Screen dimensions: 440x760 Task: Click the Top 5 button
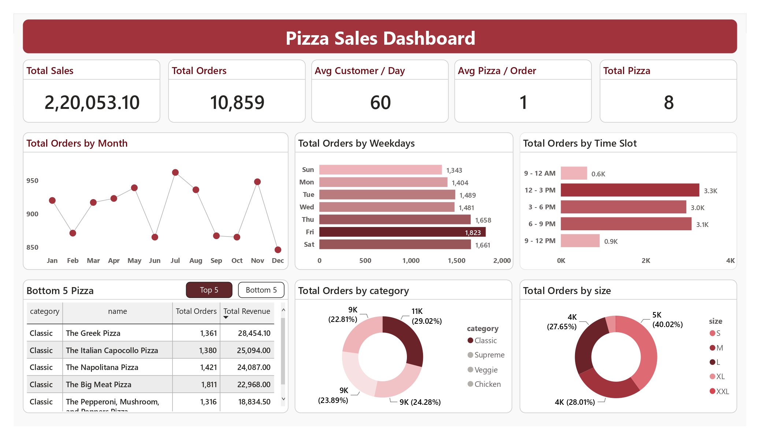pyautogui.click(x=209, y=290)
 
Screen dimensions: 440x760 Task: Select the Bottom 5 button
pyautogui.click(x=261, y=290)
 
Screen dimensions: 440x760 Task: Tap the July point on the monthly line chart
pyautogui.click(x=175, y=172)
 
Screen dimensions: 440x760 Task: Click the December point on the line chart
pyautogui.click(x=278, y=250)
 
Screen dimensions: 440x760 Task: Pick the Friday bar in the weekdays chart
pyautogui.click(x=402, y=232)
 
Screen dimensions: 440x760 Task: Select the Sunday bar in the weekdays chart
pyautogui.click(x=380, y=170)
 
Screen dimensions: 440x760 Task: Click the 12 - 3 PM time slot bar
pyautogui.click(x=630, y=190)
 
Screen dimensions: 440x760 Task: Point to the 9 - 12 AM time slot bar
pyautogui.click(x=574, y=173)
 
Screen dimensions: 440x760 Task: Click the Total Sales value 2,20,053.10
pyautogui.click(x=92, y=102)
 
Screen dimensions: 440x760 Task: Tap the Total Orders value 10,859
pyautogui.click(x=237, y=102)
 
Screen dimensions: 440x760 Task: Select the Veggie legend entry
pyautogui.click(x=486, y=370)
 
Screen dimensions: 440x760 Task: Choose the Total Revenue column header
pyautogui.click(x=246, y=311)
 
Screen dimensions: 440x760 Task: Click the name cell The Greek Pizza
pyautogui.click(x=93, y=333)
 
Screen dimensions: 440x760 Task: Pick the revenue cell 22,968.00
pyautogui.click(x=253, y=385)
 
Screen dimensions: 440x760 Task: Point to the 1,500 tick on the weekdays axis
pyautogui.click(x=456, y=261)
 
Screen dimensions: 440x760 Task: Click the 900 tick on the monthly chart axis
pyautogui.click(x=32, y=214)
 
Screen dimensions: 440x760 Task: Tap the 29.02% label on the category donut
pyautogui.click(x=427, y=321)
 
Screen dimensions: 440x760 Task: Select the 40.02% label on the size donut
pyautogui.click(x=667, y=324)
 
